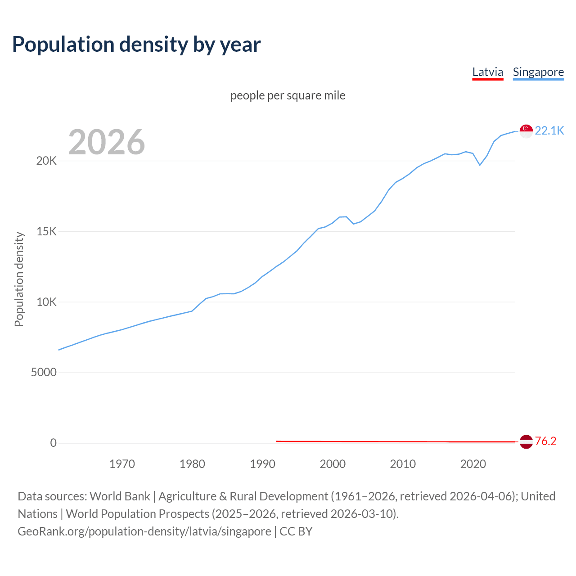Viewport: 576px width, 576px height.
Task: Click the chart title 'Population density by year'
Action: tap(136, 45)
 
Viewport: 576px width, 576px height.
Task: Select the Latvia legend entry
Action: tap(487, 72)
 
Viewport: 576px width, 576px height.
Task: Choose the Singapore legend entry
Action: tap(538, 72)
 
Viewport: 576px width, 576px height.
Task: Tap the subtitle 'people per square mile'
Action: tap(288, 96)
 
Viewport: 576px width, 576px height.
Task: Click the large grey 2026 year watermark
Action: tap(107, 142)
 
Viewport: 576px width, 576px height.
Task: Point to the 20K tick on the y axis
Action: tap(46, 161)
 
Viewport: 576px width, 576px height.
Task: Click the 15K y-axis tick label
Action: tap(46, 232)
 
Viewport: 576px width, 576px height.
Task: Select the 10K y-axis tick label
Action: tap(46, 302)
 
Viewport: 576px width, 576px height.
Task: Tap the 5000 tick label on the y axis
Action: tap(44, 373)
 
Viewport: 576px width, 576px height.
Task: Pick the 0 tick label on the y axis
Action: tap(54, 443)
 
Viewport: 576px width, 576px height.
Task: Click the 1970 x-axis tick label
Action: tap(122, 464)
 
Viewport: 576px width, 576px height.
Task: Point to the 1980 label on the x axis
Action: tap(192, 464)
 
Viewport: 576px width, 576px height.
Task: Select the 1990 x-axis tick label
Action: tap(262, 464)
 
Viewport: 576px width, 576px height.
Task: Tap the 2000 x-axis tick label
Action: tap(333, 464)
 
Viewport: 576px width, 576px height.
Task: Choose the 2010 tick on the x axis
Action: tap(403, 464)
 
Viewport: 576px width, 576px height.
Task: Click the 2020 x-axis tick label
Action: tap(473, 464)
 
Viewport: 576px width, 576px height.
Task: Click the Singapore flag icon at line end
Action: tap(526, 131)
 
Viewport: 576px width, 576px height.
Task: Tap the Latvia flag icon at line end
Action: tap(526, 442)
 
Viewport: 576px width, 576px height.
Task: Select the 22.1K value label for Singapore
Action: tap(549, 131)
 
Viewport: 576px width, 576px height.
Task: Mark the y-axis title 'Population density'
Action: tap(19, 279)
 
